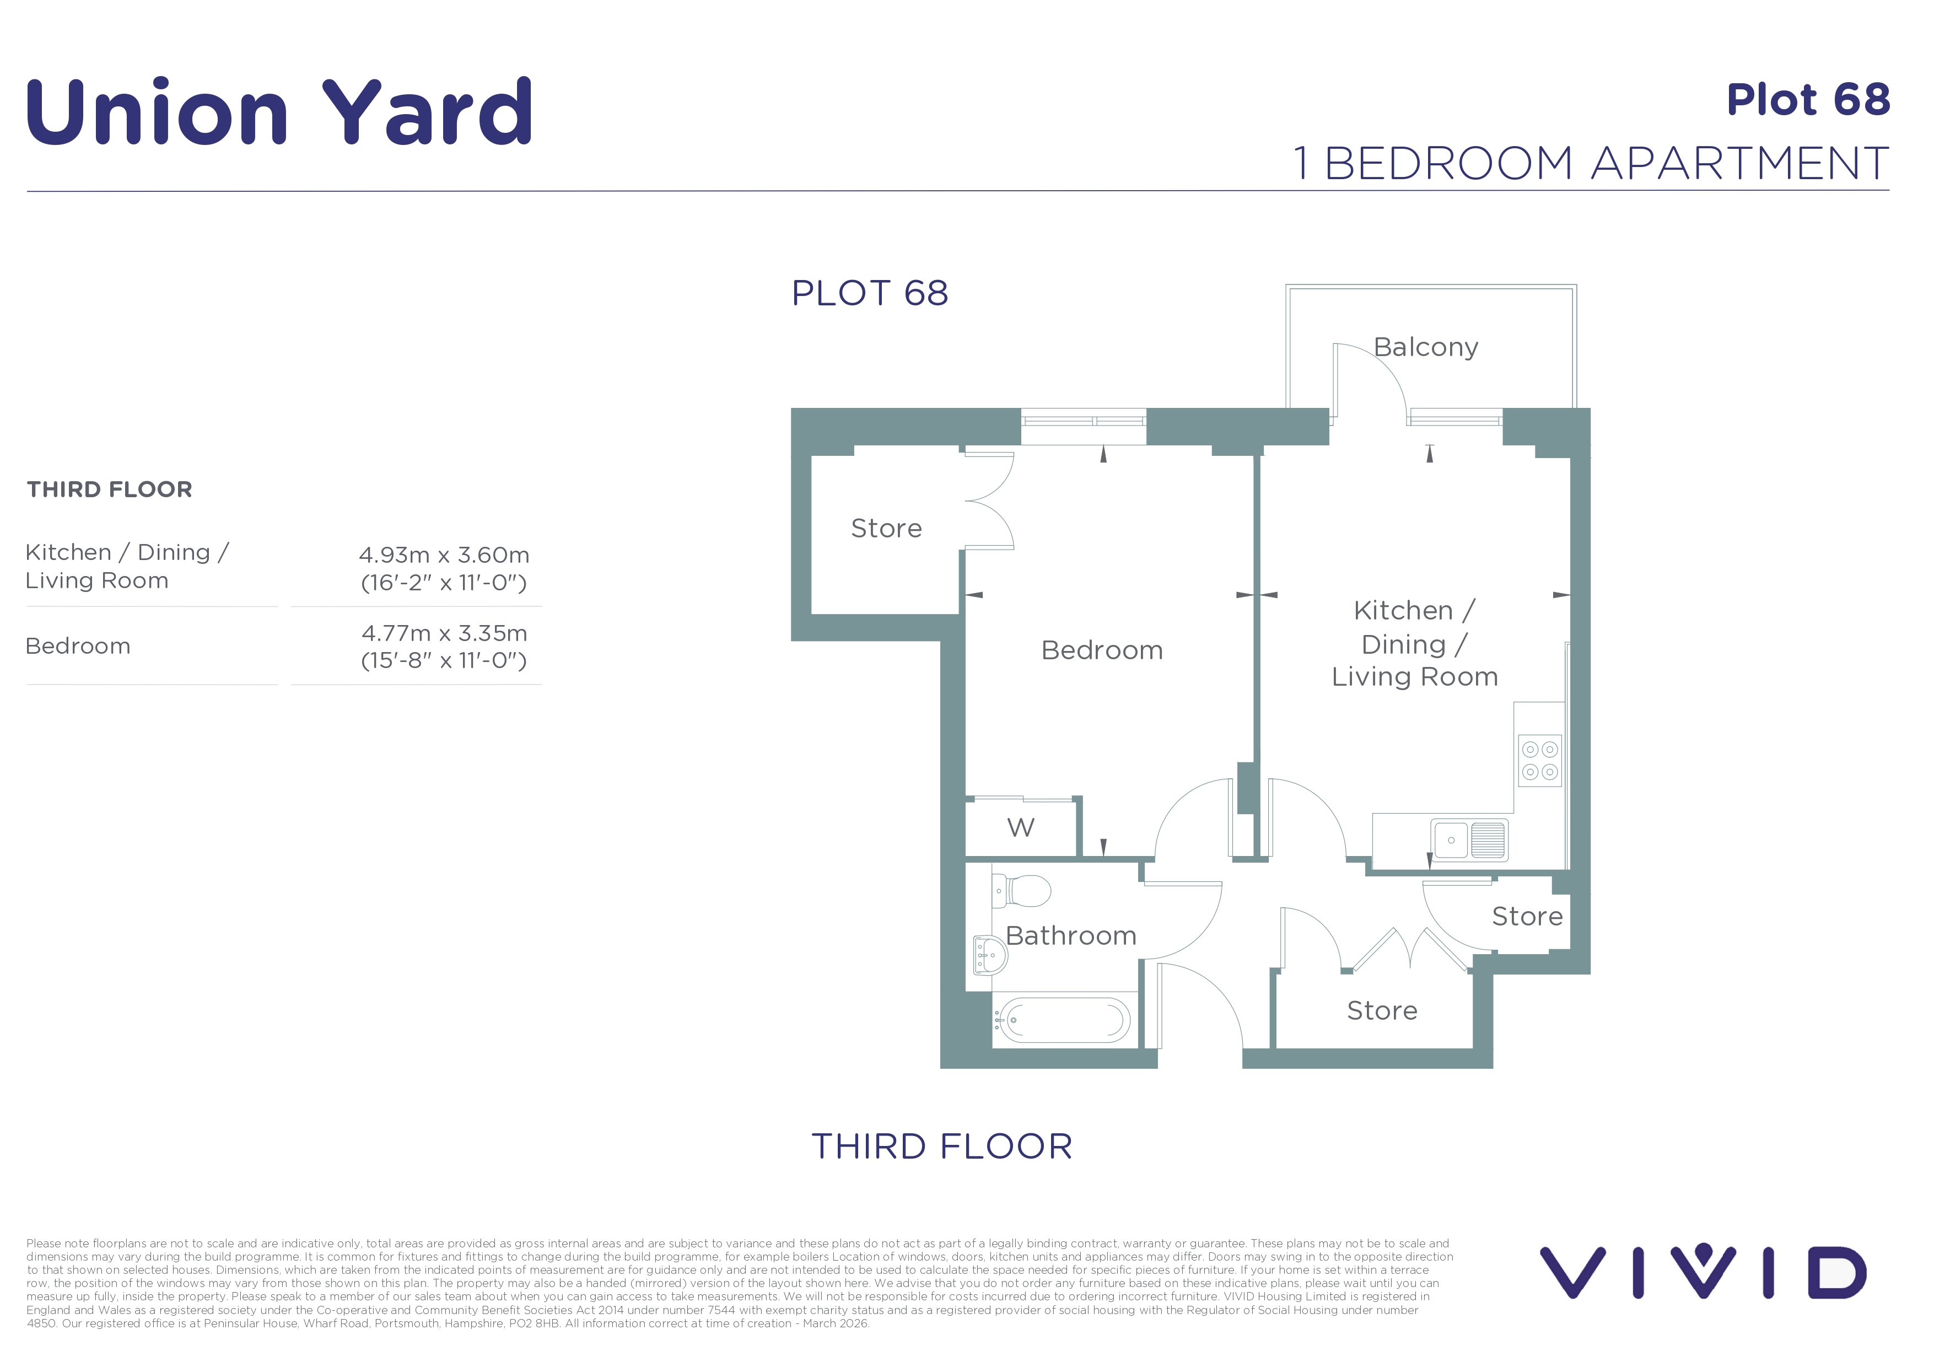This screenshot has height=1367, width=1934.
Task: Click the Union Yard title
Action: point(279,111)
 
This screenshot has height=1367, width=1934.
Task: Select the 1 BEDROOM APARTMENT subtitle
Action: point(1591,163)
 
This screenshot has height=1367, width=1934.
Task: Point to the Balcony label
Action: point(1425,347)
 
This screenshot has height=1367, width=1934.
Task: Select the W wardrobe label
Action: point(1020,827)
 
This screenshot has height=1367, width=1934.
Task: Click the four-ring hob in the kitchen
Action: point(1540,761)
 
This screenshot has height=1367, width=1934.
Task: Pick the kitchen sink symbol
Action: point(1470,839)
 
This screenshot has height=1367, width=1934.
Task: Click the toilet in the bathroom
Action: point(1021,890)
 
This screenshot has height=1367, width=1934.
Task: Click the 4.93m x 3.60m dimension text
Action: point(444,555)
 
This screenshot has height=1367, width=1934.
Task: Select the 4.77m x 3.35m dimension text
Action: point(444,633)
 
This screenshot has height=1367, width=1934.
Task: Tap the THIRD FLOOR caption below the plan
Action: point(942,1147)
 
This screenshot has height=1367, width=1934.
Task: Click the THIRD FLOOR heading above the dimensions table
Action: point(110,489)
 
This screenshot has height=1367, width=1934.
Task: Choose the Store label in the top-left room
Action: point(886,528)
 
